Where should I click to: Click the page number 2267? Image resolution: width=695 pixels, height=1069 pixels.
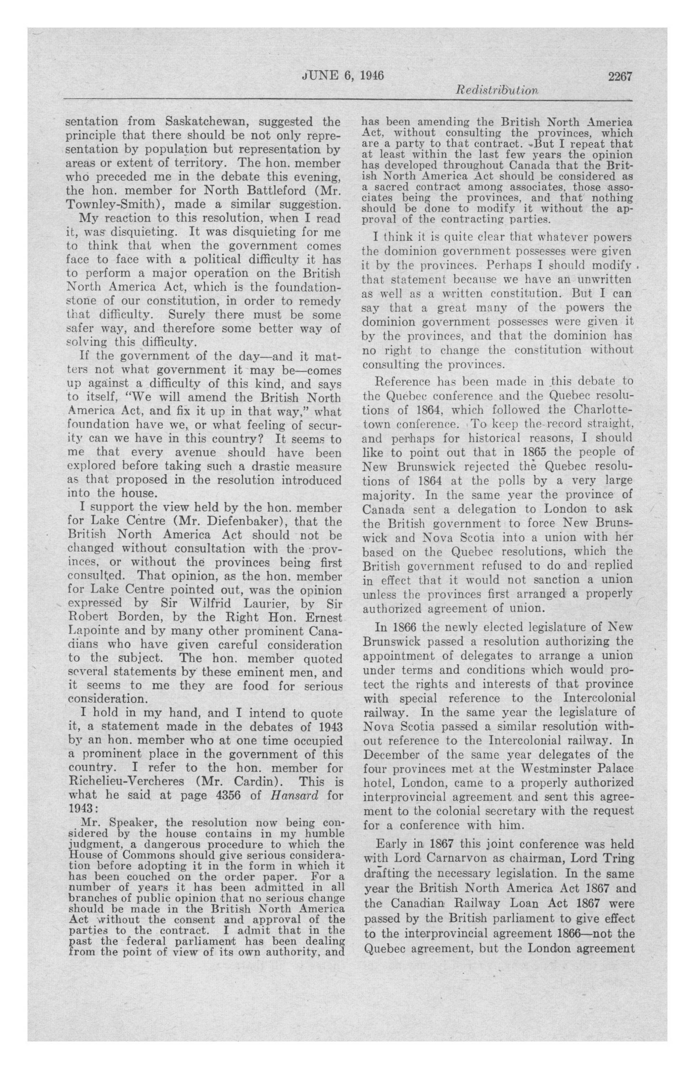(620, 76)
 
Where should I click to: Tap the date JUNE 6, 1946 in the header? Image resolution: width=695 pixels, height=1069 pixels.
(342, 75)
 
